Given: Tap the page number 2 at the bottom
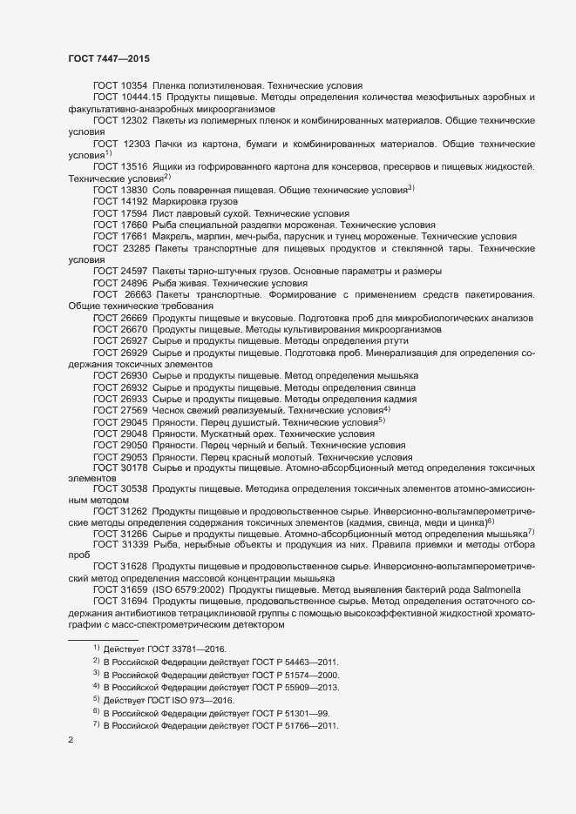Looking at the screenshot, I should (71, 743).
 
